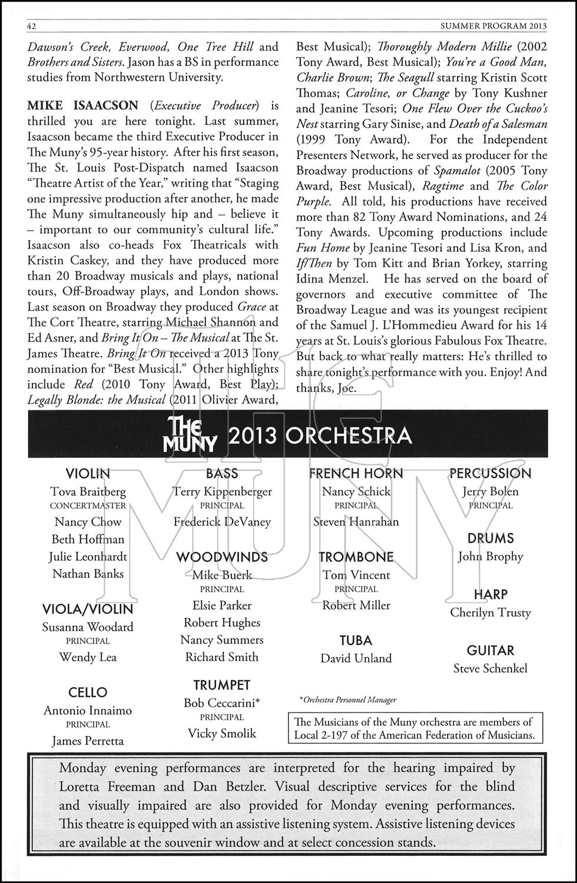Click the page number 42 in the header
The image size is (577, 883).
(x=32, y=26)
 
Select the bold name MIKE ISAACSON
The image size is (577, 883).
(x=83, y=106)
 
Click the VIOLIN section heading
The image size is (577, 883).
(x=88, y=473)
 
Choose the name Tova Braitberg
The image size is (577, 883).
(x=88, y=492)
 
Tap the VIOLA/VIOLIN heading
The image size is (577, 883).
(x=88, y=609)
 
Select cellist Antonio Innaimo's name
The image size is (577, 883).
(x=88, y=711)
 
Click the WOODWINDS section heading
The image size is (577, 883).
(x=222, y=557)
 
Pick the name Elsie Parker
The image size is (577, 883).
(x=222, y=605)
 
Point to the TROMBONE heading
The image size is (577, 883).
(x=356, y=557)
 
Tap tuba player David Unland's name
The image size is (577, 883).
(x=356, y=658)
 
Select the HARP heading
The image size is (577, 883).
(x=490, y=595)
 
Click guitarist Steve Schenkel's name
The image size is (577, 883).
(x=490, y=668)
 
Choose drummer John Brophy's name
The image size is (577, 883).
(x=490, y=556)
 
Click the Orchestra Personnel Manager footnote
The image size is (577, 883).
(x=347, y=700)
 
